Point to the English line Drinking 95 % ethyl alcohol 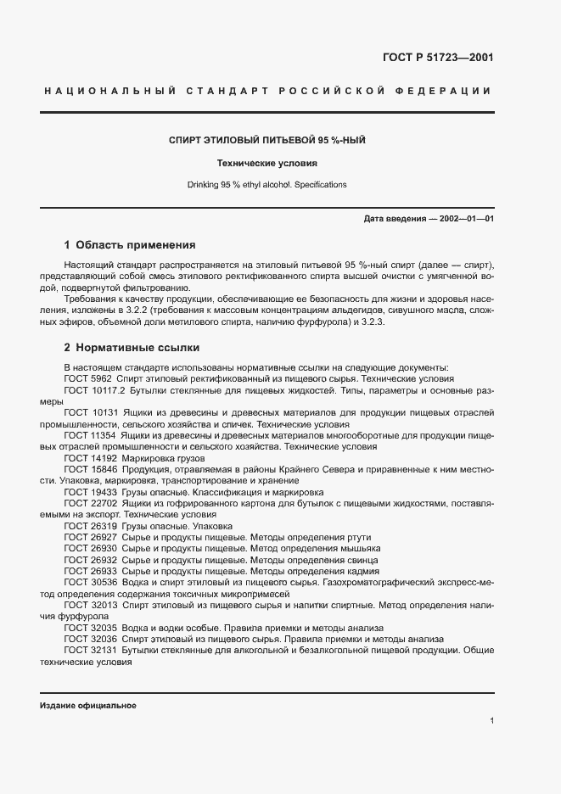pyautogui.click(x=266, y=184)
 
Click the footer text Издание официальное pyautogui.click(x=88, y=706)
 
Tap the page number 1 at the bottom pyautogui.click(x=491, y=721)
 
